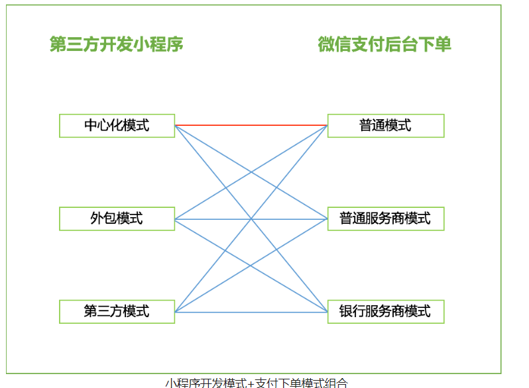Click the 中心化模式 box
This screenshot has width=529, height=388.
tap(117, 125)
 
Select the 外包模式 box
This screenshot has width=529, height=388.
tap(117, 218)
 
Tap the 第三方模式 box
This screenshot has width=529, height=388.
tap(117, 311)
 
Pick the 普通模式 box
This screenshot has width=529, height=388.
tap(385, 125)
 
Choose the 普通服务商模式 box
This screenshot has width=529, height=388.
tap(385, 218)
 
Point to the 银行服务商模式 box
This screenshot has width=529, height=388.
tap(385, 311)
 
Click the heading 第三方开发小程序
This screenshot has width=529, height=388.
tap(117, 44)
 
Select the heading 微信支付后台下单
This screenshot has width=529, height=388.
tap(384, 44)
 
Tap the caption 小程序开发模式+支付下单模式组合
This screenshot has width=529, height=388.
tap(256, 383)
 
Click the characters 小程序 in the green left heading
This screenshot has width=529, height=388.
tap(158, 44)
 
